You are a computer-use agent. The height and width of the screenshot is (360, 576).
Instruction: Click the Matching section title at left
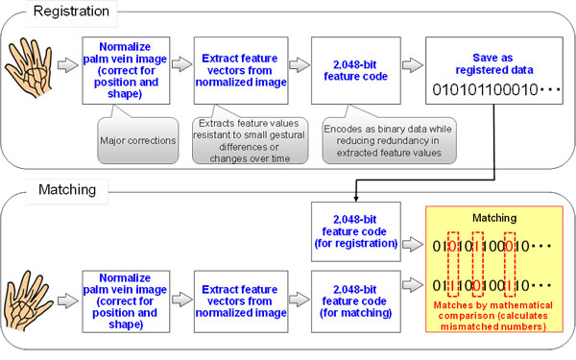click(41, 190)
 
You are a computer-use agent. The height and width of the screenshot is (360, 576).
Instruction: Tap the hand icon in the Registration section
click(28, 68)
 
